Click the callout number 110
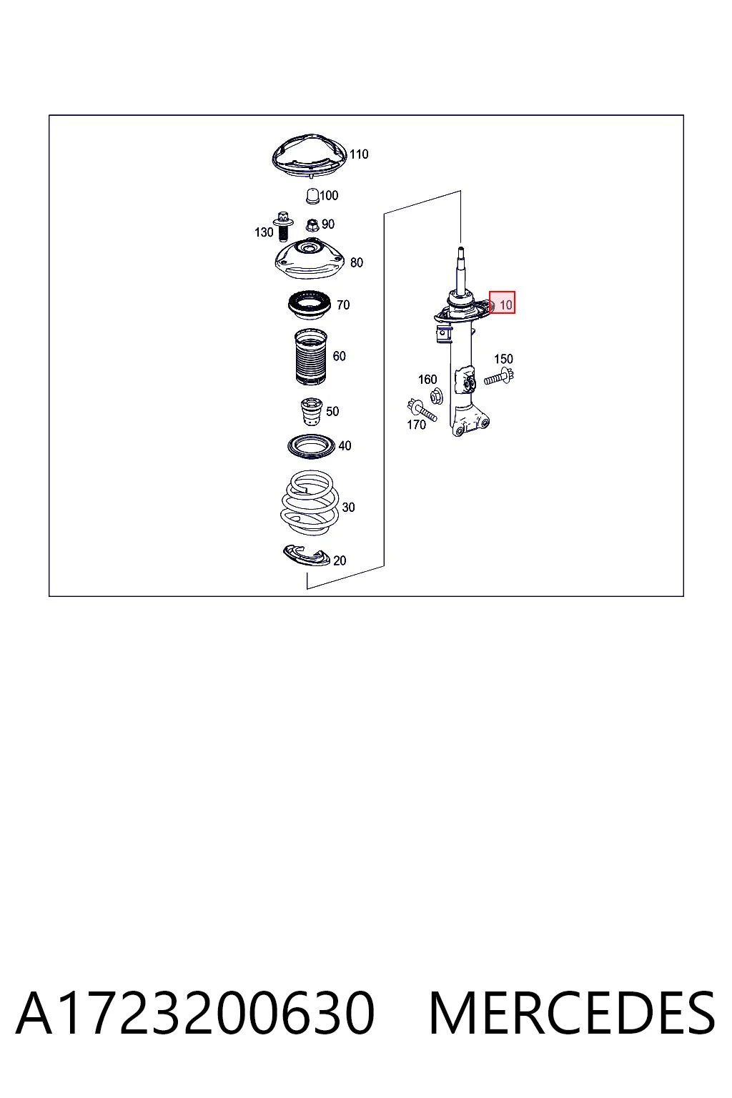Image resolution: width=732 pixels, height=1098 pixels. point(358,154)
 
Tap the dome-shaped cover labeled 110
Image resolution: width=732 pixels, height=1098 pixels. point(310,157)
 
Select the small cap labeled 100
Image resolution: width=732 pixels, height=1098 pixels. point(312,197)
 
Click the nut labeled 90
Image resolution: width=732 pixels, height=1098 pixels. point(311,225)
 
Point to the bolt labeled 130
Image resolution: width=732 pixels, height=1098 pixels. point(283,226)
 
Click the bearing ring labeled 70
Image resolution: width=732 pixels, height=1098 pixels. point(310,305)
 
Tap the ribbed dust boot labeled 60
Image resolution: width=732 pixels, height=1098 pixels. point(311,357)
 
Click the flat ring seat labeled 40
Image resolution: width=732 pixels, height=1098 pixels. point(311,447)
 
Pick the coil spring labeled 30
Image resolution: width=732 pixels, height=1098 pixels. point(310,504)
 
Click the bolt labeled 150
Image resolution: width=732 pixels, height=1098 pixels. point(499,378)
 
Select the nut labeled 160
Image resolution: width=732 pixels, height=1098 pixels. point(436,395)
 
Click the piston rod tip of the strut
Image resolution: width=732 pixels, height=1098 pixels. point(460,250)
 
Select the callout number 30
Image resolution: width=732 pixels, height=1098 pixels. point(348,508)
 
